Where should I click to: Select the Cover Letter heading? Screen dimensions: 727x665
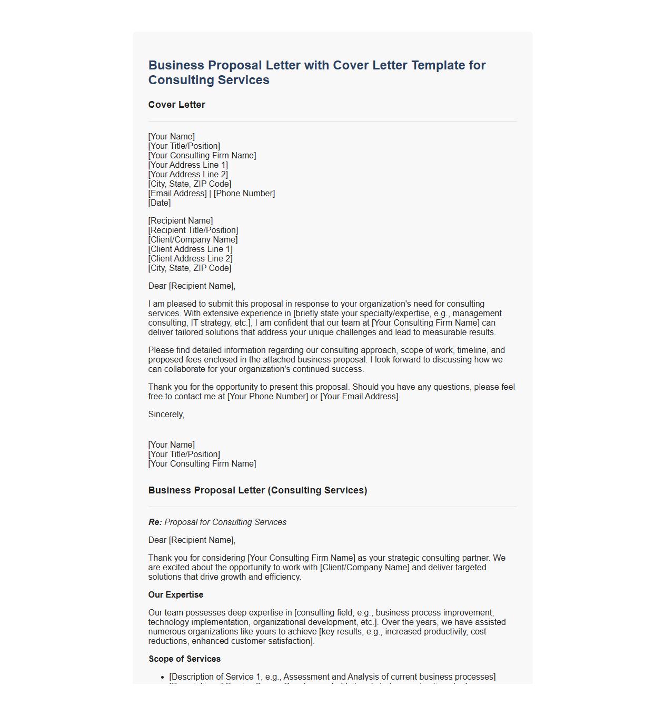click(177, 105)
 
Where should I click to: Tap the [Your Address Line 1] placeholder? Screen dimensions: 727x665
click(188, 165)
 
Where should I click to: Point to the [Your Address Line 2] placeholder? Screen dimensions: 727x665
click(188, 175)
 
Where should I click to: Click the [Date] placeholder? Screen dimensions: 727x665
click(160, 203)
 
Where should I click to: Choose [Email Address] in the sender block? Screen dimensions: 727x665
click(177, 194)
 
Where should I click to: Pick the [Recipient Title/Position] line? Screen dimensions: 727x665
click(193, 230)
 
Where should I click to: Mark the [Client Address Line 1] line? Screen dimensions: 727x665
click(190, 249)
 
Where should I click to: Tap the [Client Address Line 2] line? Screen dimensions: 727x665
click(190, 259)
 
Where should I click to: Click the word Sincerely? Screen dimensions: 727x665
click(166, 415)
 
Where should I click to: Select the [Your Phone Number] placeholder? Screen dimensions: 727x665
click(267, 397)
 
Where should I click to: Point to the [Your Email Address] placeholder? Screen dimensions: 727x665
click(360, 397)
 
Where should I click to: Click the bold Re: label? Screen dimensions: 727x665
click(155, 522)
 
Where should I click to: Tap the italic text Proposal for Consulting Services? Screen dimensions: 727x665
click(225, 522)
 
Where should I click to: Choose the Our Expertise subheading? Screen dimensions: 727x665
click(176, 595)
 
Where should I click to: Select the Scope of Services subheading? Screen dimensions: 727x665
click(184, 659)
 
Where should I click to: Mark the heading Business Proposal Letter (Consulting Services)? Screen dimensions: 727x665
click(257, 490)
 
